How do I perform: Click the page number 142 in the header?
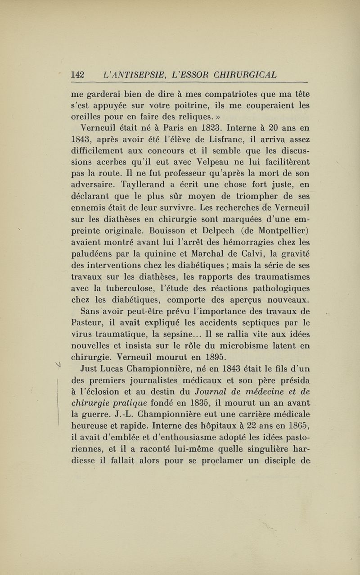pyautogui.click(x=80, y=74)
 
